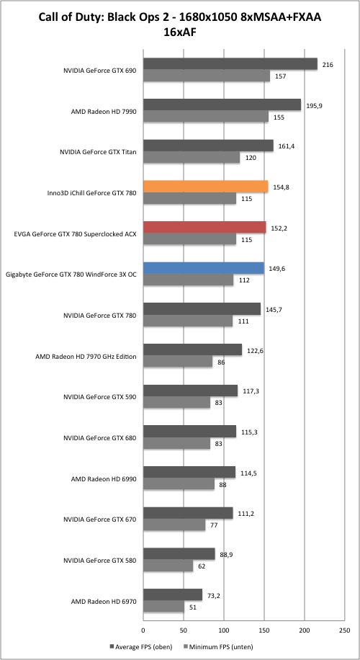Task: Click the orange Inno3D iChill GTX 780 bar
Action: [206, 187]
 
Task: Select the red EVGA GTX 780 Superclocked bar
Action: [204, 227]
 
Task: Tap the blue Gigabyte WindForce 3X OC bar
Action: [204, 268]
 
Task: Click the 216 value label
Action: [327, 65]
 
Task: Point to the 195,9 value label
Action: [313, 106]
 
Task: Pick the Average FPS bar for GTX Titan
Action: [208, 146]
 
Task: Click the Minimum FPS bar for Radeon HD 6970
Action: [164, 607]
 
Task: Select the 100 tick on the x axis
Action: [224, 630]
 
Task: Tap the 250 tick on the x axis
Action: [344, 630]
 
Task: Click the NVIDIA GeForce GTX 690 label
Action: [99, 71]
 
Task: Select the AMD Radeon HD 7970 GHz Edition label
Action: [86, 357]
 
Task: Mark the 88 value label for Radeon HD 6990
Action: [223, 484]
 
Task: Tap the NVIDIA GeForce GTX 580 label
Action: [99, 561]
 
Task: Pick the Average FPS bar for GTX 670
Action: [188, 513]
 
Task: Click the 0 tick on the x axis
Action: [143, 630]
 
